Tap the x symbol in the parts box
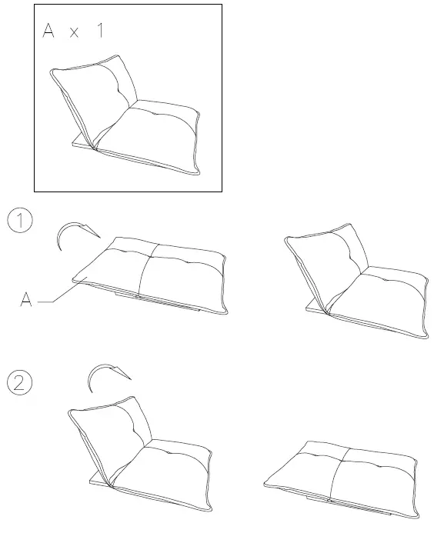click(x=75, y=35)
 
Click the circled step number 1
click(x=19, y=221)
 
